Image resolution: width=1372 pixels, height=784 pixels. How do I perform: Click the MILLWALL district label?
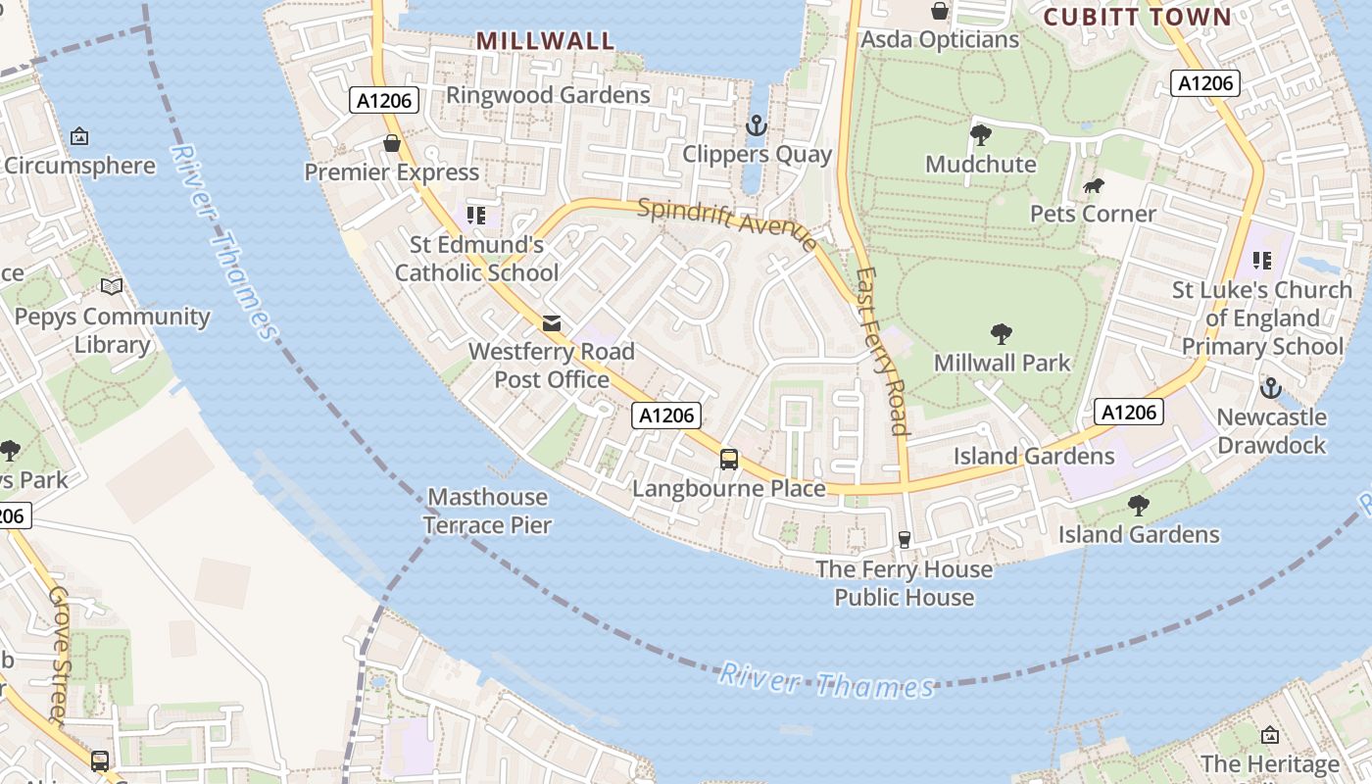(545, 40)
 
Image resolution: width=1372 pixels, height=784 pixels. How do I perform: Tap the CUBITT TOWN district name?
(1137, 17)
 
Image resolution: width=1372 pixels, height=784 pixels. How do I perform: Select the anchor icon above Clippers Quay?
(756, 125)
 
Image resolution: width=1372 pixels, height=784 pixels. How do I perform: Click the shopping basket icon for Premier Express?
(392, 144)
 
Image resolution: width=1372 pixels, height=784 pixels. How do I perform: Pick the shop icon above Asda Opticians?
(940, 11)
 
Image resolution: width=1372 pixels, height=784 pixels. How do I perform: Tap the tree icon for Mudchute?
(980, 135)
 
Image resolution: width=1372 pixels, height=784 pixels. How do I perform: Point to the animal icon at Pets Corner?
(1093, 186)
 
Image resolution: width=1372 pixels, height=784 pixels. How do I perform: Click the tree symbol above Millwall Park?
(1001, 334)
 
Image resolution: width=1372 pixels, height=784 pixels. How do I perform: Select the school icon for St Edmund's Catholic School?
(476, 216)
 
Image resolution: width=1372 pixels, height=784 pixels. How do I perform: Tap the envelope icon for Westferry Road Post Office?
(552, 322)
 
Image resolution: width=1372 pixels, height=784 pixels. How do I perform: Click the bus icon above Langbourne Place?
(728, 459)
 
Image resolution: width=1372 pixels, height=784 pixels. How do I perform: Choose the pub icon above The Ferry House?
(904, 540)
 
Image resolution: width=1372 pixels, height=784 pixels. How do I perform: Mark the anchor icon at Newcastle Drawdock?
(1270, 388)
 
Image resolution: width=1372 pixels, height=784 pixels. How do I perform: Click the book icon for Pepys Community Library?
(112, 287)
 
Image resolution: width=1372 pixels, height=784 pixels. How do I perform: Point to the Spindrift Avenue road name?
(726, 224)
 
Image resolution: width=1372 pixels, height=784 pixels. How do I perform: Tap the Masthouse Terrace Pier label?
(488, 511)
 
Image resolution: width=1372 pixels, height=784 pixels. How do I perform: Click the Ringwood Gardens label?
(548, 95)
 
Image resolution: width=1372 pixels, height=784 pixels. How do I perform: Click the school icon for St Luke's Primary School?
(1262, 261)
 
